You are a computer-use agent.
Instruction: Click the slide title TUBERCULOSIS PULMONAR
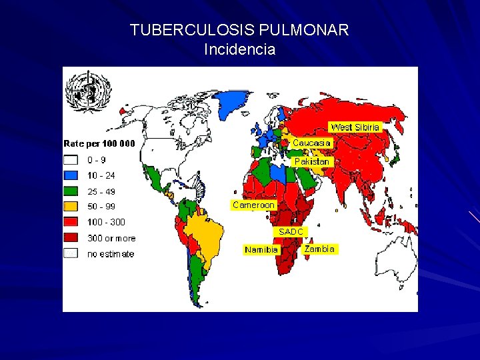coord(239,31)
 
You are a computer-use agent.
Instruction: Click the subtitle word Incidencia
coord(239,49)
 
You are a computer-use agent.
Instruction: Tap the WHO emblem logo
coord(88,93)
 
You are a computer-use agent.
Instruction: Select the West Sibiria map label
coord(355,127)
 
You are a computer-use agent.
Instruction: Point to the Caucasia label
coord(311,143)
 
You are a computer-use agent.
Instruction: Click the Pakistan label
coord(311,161)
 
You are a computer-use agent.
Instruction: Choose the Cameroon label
coord(253,205)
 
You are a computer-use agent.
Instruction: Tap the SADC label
coord(291,231)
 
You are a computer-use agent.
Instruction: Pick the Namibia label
coord(261,249)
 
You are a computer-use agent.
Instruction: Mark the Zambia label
coord(319,249)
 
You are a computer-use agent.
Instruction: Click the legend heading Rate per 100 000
coord(99,143)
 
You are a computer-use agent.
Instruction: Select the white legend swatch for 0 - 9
coord(71,160)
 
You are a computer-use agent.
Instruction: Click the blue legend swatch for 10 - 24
coord(71,175)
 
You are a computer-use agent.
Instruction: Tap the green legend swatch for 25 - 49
coord(71,191)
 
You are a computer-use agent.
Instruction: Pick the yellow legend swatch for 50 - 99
coord(71,207)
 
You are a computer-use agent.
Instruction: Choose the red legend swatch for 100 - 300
coord(71,222)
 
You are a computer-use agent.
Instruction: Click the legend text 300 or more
coord(111,238)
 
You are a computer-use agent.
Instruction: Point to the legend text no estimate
coord(111,254)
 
